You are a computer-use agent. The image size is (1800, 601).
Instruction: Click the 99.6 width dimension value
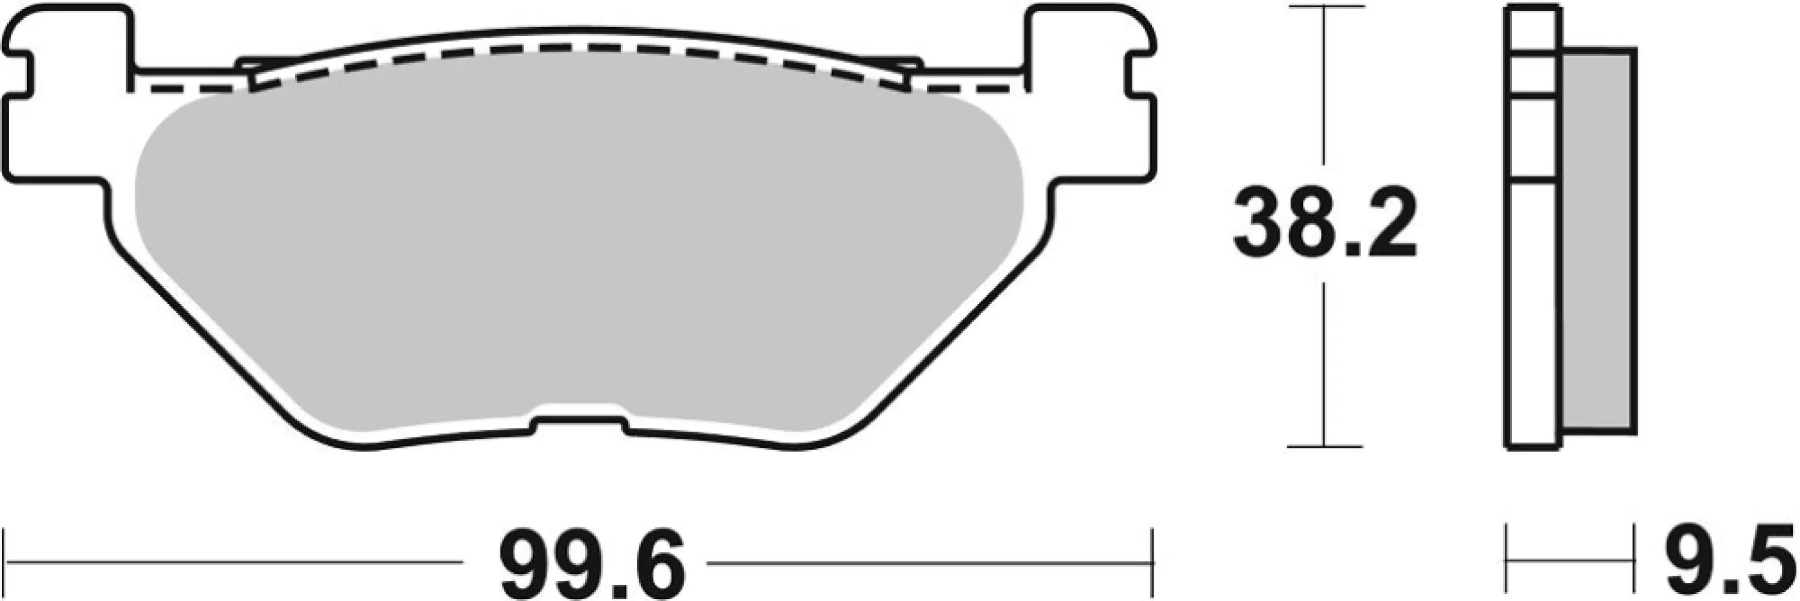click(x=593, y=563)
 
